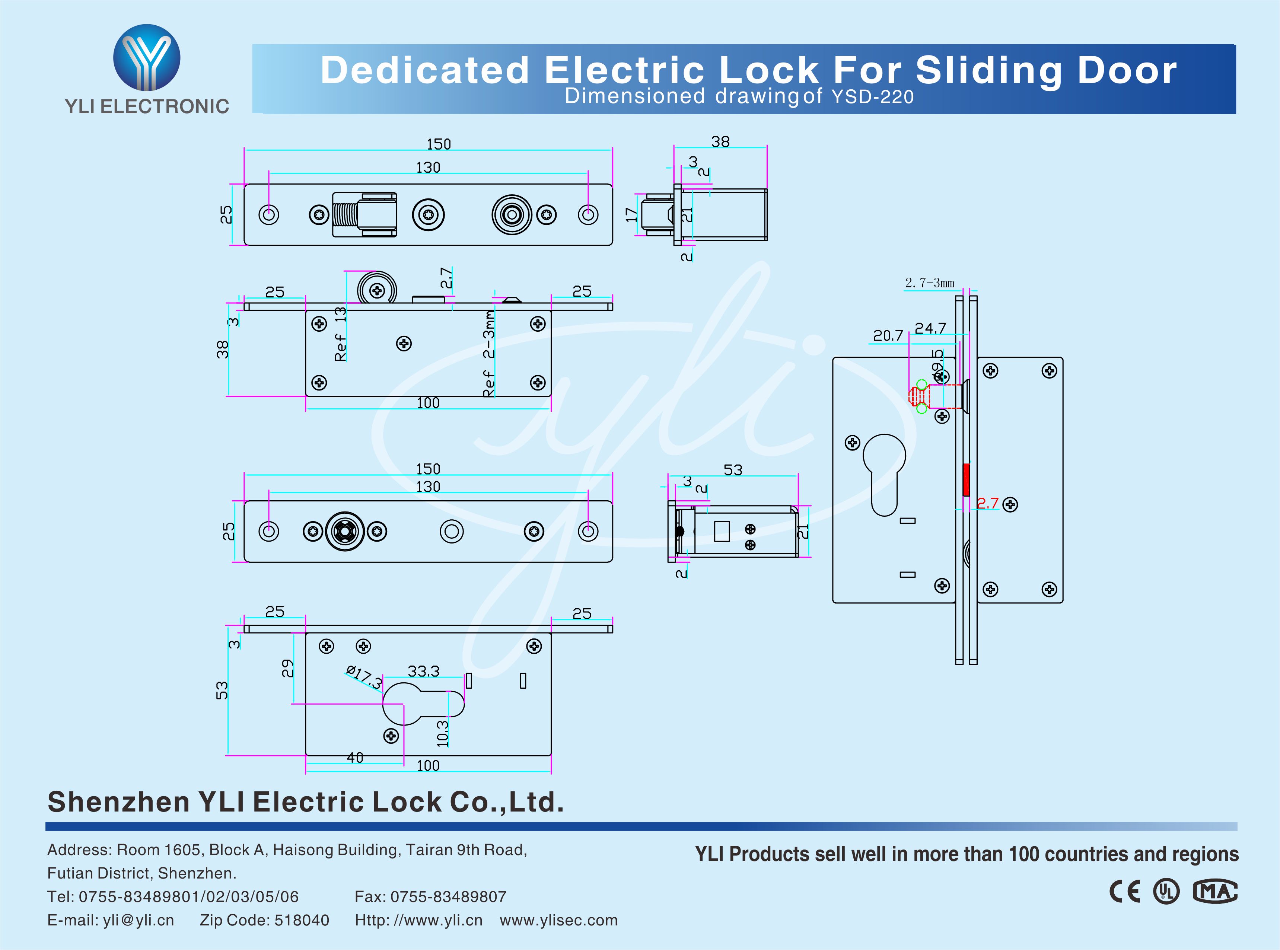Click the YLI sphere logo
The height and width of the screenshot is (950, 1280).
[147, 57]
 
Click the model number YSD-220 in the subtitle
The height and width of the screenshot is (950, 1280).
[872, 97]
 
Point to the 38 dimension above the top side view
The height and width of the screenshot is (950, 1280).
[720, 141]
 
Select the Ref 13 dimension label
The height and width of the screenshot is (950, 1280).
[340, 334]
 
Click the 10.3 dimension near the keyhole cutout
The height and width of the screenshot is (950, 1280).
[442, 733]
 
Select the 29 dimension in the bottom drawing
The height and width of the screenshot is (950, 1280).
[287, 668]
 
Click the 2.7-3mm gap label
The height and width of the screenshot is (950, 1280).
[929, 283]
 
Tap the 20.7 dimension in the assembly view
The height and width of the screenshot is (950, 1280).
[888, 335]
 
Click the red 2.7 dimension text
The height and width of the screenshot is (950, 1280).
[987, 503]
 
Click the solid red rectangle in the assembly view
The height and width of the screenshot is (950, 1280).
[966, 479]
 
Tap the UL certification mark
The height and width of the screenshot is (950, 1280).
[1166, 891]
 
